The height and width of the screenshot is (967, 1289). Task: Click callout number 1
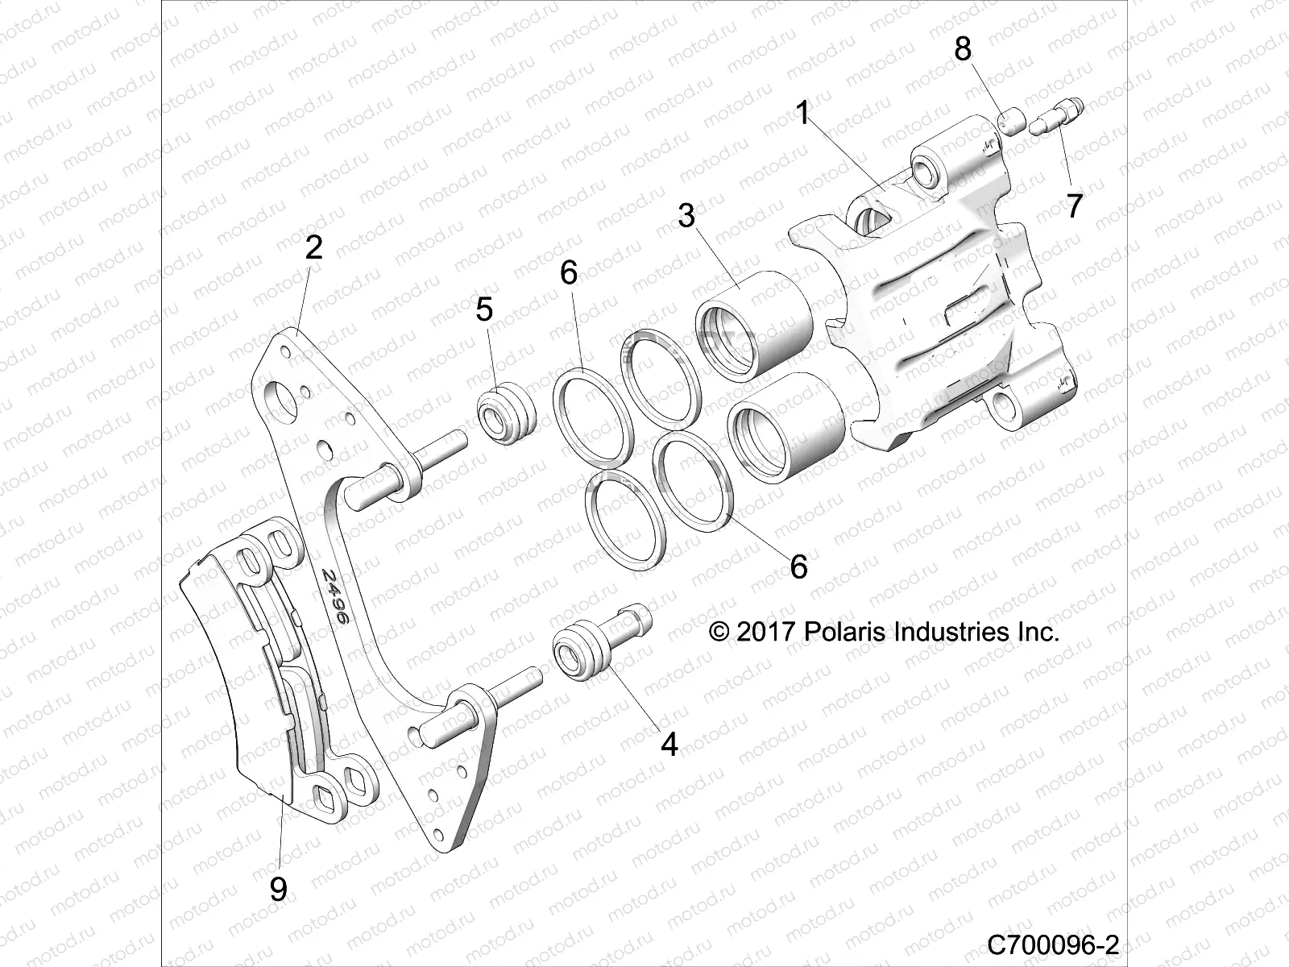(802, 114)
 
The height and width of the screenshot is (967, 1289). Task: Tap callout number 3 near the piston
(686, 216)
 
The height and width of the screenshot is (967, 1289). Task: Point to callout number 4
(669, 744)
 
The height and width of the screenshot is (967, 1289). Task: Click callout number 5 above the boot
(484, 309)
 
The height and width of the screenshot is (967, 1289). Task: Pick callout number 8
(964, 50)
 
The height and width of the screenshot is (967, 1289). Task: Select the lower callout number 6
(798, 567)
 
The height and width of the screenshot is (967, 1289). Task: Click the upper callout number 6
(569, 273)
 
